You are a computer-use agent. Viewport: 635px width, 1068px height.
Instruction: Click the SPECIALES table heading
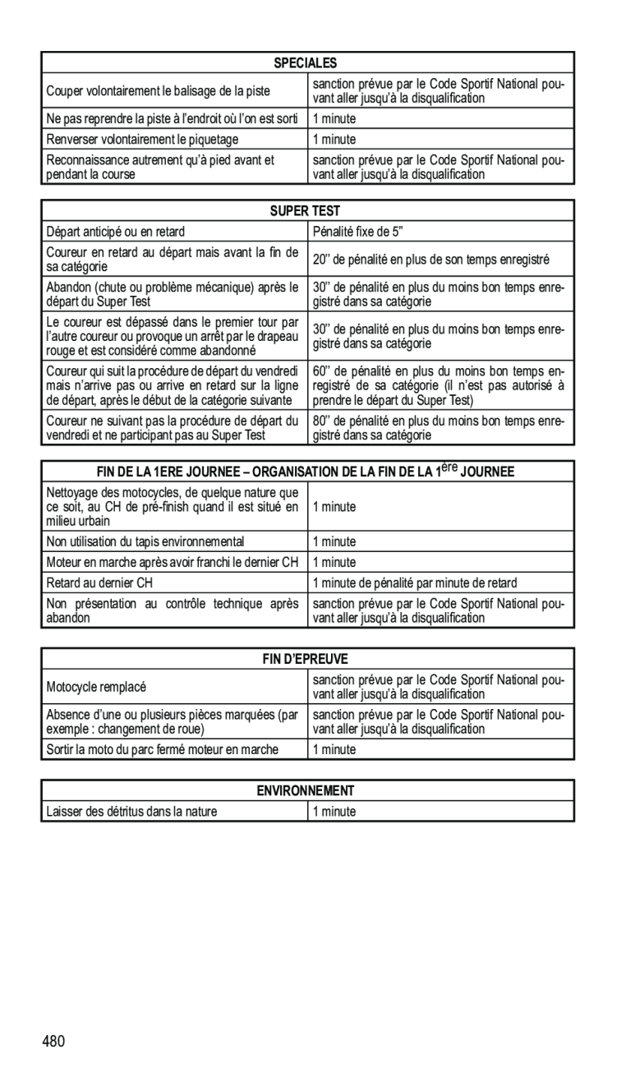pos(306,62)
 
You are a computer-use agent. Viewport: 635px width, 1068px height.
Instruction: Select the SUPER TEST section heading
pos(306,211)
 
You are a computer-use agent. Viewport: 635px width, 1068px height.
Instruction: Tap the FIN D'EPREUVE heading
pos(307,659)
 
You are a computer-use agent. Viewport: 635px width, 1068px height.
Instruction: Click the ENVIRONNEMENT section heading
pos(306,791)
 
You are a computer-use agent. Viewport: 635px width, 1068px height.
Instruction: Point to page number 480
pos(53,1043)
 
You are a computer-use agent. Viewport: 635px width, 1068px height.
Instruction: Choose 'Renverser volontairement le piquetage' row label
pos(142,140)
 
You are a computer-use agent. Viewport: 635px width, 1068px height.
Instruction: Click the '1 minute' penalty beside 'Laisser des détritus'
pos(334,812)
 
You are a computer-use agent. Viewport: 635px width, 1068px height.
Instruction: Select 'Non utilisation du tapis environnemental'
pos(145,541)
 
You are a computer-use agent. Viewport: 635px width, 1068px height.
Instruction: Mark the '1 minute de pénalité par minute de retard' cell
pos(415,583)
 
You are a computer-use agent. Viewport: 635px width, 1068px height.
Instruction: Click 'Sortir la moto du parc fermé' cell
pos(162,749)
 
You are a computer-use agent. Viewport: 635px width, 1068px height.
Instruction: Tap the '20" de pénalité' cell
pos(430,260)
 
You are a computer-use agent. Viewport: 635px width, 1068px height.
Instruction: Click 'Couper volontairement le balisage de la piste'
pos(159,90)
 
